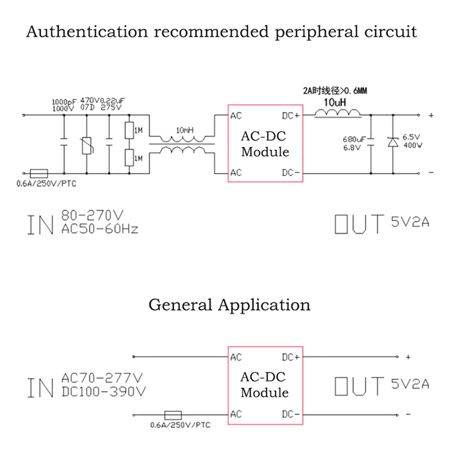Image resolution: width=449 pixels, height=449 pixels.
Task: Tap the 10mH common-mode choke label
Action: tap(185, 130)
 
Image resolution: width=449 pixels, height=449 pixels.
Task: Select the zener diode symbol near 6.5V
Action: tap(392, 143)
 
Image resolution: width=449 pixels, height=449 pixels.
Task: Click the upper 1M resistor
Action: tap(129, 131)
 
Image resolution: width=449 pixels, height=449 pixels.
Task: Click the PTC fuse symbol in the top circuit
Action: tap(38, 173)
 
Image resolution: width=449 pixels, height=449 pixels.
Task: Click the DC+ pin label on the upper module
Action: tap(291, 116)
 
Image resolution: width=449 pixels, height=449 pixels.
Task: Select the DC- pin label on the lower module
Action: tap(291, 414)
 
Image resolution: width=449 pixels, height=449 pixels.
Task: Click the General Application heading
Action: tap(229, 305)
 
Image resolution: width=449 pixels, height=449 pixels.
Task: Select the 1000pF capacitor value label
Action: tap(63, 102)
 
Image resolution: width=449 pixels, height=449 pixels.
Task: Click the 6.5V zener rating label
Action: tap(412, 136)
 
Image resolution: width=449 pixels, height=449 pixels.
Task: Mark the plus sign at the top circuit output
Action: tap(431, 116)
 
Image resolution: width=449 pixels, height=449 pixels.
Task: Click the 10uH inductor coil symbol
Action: tap(337, 113)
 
